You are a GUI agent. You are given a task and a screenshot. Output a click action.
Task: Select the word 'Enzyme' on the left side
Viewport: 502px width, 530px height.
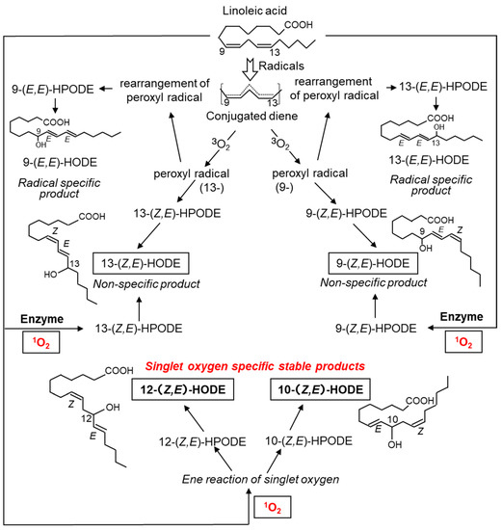(x=28, y=316)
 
